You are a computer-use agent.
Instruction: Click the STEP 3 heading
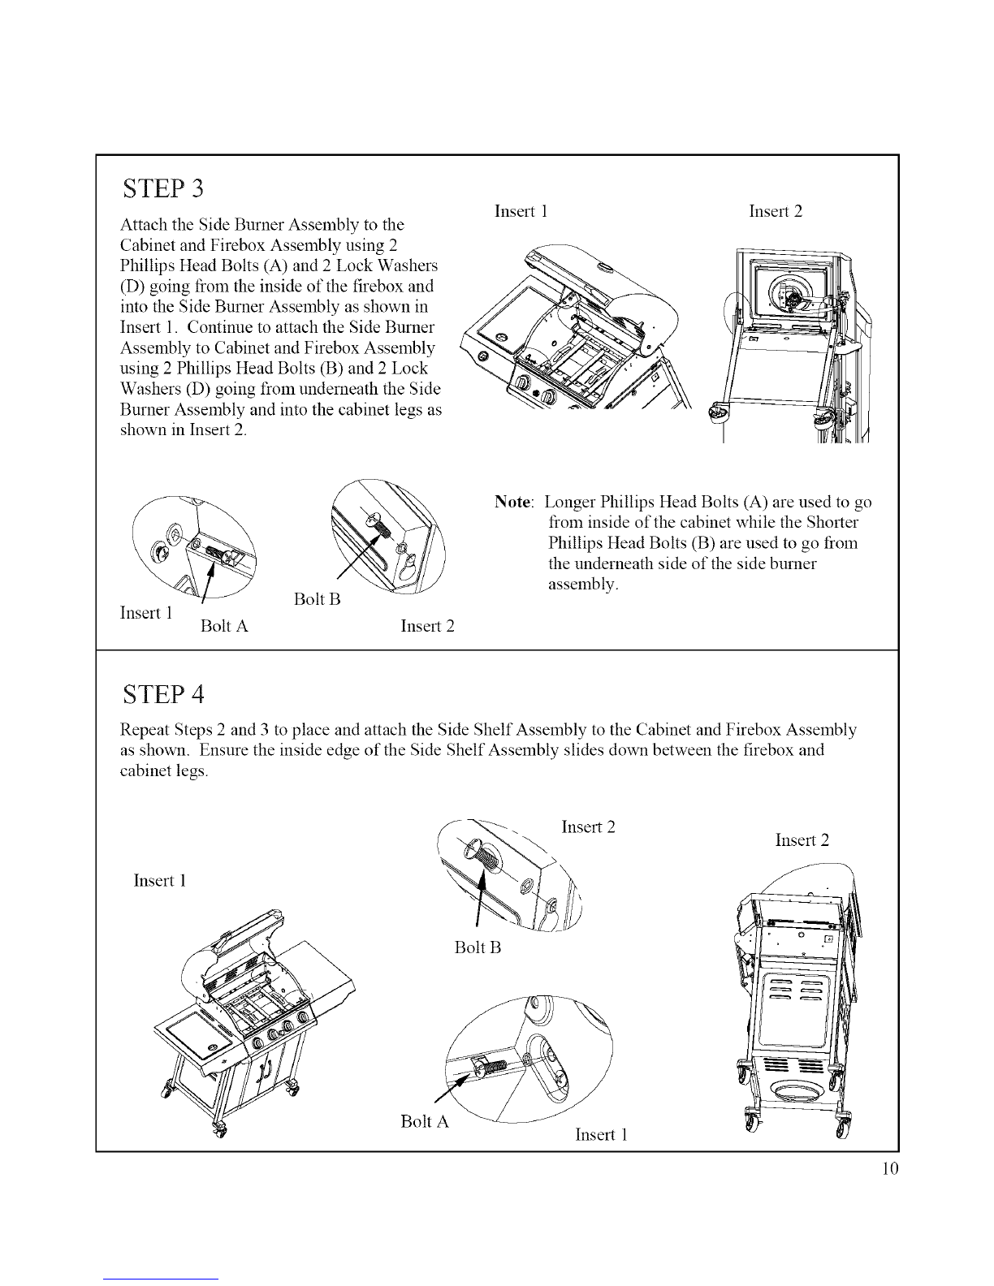pyautogui.click(x=161, y=188)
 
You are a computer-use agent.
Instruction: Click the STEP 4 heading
pyautogui.click(x=161, y=695)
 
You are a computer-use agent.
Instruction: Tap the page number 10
pyautogui.click(x=889, y=1169)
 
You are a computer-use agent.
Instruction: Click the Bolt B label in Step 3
pyautogui.click(x=316, y=600)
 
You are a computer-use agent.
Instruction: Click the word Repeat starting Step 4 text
pyautogui.click(x=144, y=729)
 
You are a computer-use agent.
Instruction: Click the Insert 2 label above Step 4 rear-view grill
pyautogui.click(x=802, y=839)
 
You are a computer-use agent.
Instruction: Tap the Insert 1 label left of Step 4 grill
pyautogui.click(x=160, y=881)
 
